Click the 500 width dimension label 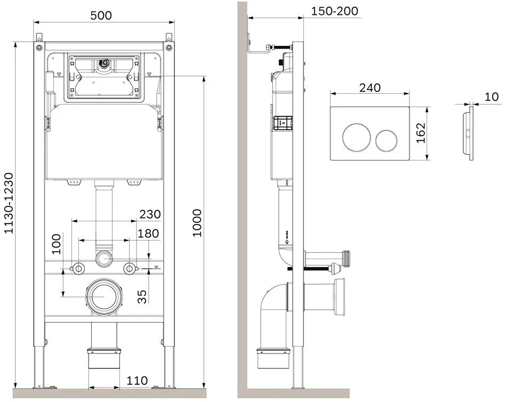click(101, 15)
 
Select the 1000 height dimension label click(197, 223)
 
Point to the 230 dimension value click(150, 214)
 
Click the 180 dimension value click(148, 234)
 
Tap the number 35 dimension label click(142, 296)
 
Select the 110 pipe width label click(137, 380)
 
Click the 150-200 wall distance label click(335, 11)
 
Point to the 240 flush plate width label click(370, 88)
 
